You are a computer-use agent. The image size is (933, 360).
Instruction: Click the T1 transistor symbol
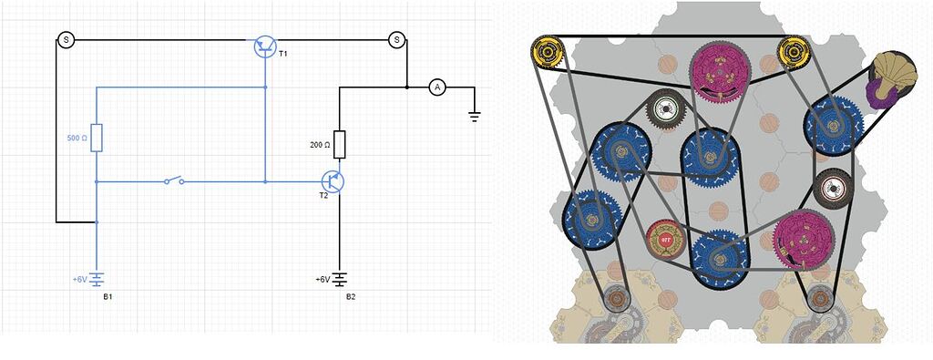coord(265,46)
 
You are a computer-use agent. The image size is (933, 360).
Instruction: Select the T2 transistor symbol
coord(333,181)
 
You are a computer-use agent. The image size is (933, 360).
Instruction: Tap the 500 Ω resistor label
coord(77,139)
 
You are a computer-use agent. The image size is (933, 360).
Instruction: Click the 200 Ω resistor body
coord(339,144)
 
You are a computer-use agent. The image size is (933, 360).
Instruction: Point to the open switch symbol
coord(174,180)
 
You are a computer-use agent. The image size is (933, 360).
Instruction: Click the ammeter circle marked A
coord(437,87)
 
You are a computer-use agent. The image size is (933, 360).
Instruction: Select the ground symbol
coord(474,114)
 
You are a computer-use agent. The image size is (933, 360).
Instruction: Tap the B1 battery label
coord(108,297)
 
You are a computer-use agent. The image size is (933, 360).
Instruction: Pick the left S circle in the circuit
coord(66,39)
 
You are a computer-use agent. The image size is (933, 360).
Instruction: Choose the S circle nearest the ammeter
coord(396,39)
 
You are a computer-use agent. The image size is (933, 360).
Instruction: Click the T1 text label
coord(282,54)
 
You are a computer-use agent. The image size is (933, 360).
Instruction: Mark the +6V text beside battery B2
coord(323,279)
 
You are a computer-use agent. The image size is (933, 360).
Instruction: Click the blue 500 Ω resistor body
coord(97,138)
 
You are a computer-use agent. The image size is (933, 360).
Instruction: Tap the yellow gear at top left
coord(549,54)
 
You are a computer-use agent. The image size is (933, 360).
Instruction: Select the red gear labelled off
coord(665,241)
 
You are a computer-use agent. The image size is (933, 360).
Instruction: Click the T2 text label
coord(323,196)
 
